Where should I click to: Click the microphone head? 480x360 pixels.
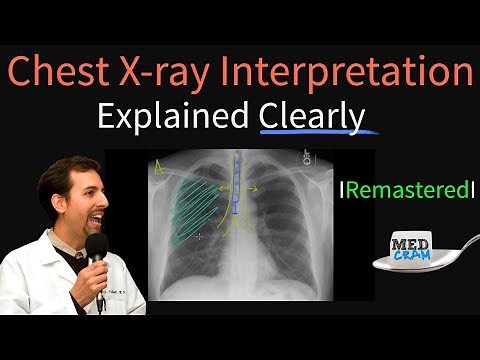coord(96,247)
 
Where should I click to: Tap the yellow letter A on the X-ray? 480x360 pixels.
coord(158,170)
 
